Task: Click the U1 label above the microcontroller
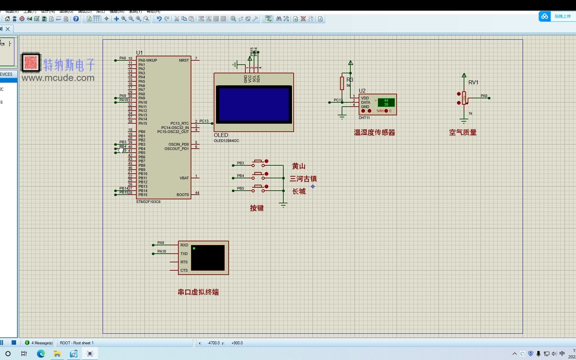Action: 139,53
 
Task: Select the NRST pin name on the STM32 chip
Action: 184,60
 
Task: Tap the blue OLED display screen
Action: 254,104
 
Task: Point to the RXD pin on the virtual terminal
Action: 184,245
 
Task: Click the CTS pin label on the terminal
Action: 184,270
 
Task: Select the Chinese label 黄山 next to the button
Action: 299,166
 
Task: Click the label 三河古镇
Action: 303,179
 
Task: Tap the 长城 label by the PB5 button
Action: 299,191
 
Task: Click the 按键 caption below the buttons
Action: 257,208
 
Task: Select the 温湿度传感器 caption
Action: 374,133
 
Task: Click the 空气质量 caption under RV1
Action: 463,132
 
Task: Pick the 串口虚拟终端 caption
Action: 198,292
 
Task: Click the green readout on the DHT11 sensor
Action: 386,102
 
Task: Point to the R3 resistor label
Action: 350,80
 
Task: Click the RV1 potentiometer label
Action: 473,82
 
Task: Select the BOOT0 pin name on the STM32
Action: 183,195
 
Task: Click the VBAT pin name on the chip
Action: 184,178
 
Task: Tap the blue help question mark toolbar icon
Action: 76,19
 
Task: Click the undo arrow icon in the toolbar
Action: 159,19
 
